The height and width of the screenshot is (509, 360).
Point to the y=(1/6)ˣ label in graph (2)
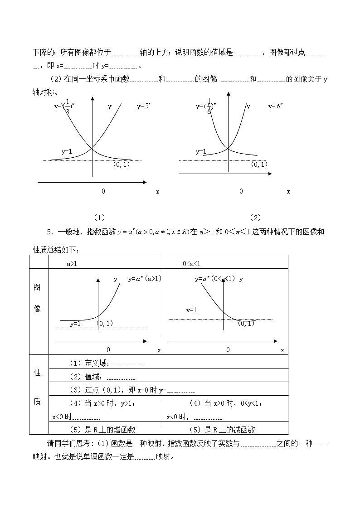pyautogui.click(x=206, y=107)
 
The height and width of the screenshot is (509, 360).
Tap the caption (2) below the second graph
pyautogui.click(x=255, y=218)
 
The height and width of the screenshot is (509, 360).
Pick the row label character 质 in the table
pyautogui.click(x=38, y=403)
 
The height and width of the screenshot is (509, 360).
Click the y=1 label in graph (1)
pyautogui.click(x=67, y=151)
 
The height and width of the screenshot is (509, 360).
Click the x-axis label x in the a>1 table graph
pyautogui.click(x=159, y=350)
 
